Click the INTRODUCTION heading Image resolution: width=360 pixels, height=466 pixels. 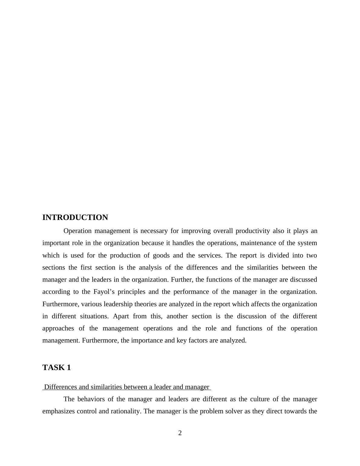75,218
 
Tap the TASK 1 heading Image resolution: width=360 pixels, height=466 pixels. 57,368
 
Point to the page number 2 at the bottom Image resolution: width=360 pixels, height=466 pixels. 180,433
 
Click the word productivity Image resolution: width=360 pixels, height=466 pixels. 253,231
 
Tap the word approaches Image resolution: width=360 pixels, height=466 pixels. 58,328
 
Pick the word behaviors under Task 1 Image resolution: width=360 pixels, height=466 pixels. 91,399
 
